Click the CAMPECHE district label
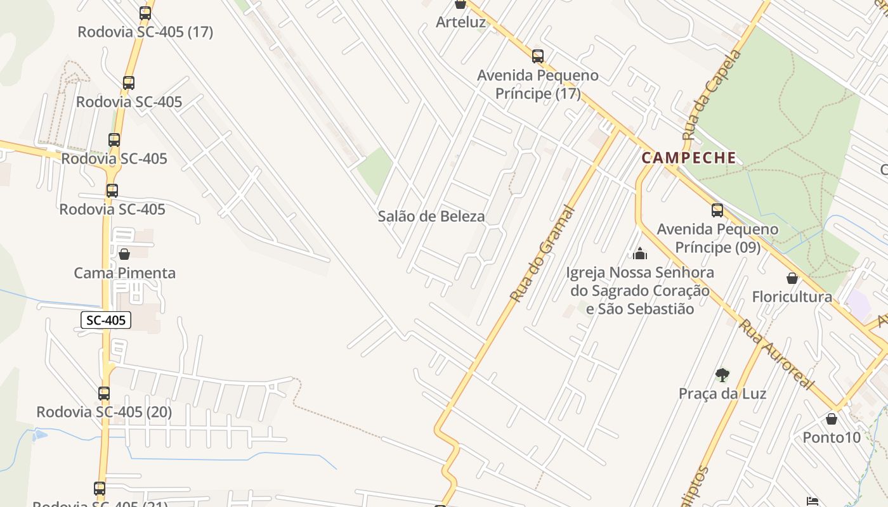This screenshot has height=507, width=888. click(x=689, y=158)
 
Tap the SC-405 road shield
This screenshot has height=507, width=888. click(x=106, y=320)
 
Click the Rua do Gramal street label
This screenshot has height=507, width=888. click(x=542, y=253)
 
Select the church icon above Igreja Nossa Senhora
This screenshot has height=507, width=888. click(x=640, y=254)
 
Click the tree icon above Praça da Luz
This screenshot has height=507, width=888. click(x=722, y=375)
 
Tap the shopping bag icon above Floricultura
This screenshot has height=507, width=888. click(x=792, y=278)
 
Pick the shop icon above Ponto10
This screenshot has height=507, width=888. click(x=832, y=419)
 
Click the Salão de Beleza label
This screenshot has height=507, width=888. click(x=431, y=216)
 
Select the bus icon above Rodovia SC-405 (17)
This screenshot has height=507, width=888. click(x=145, y=13)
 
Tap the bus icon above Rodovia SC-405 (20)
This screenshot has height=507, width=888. click(x=104, y=394)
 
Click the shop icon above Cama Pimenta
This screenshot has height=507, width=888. click(x=124, y=254)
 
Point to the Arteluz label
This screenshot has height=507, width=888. click(x=460, y=22)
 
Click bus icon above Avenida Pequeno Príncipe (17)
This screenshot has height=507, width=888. click(x=538, y=56)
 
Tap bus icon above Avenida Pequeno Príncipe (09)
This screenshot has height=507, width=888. click(x=717, y=210)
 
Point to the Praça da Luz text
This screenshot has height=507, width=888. click(x=722, y=394)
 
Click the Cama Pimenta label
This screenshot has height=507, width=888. click(x=125, y=273)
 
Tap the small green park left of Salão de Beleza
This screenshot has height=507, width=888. click(x=375, y=170)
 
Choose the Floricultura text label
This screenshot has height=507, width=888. click(x=792, y=297)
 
